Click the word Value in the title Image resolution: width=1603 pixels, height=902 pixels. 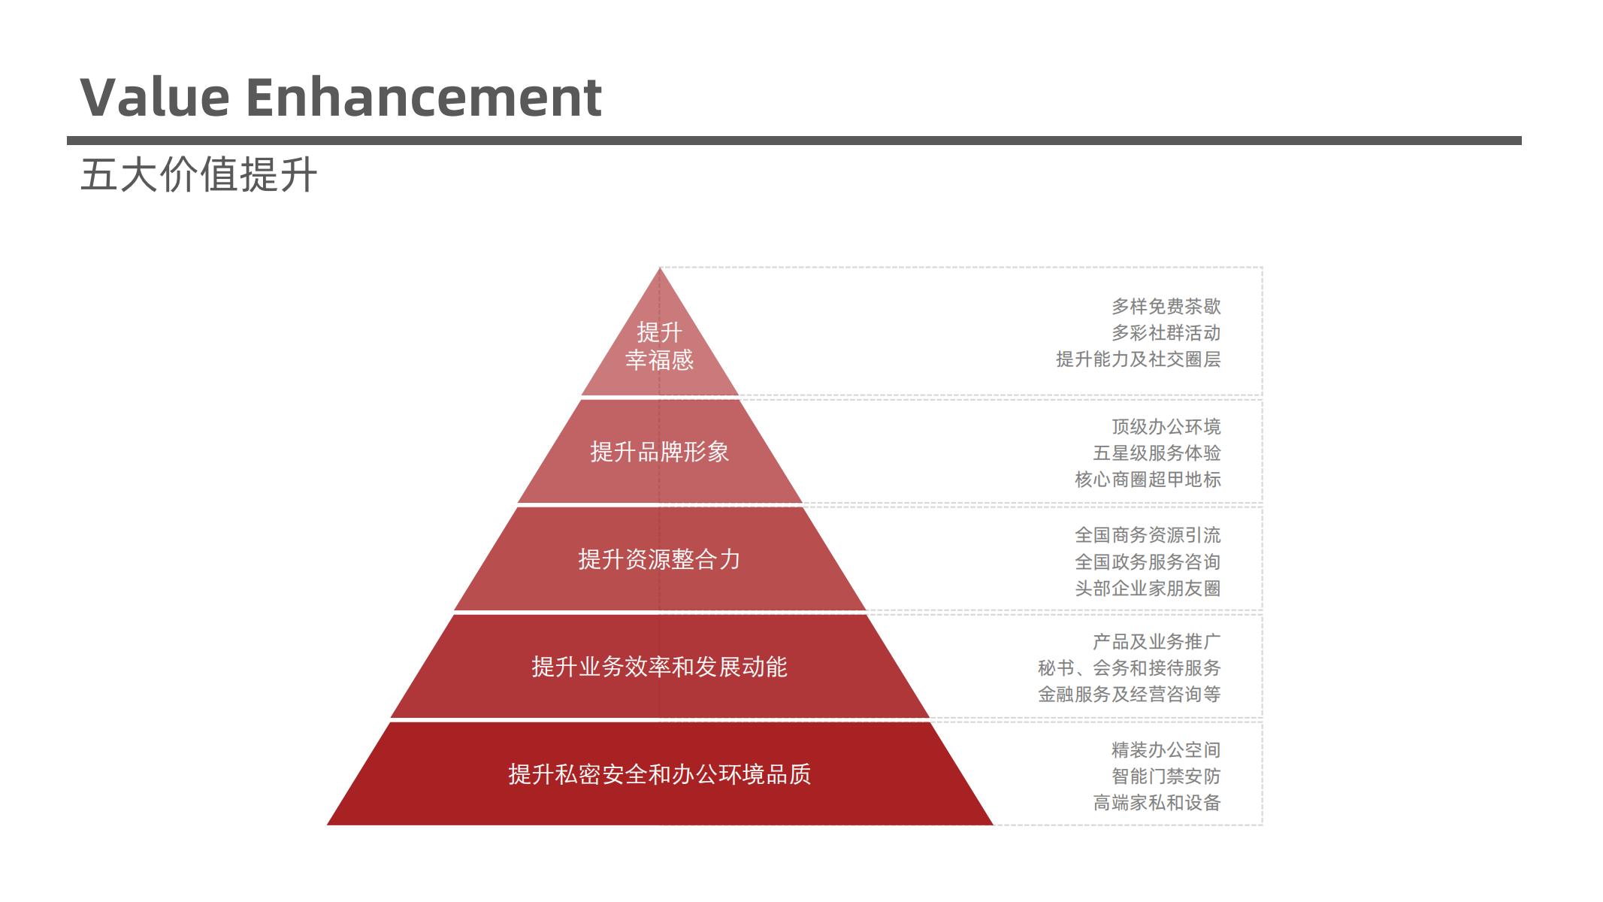[x=155, y=97]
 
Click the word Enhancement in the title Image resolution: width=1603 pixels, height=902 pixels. [x=424, y=97]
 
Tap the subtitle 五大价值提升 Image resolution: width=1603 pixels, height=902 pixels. [x=198, y=175]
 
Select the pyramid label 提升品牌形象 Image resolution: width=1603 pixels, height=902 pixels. [x=659, y=452]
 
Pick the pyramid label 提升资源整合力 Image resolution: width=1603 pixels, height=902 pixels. [x=659, y=559]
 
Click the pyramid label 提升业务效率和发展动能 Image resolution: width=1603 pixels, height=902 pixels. [x=659, y=667]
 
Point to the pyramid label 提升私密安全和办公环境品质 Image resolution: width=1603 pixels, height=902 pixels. [x=659, y=774]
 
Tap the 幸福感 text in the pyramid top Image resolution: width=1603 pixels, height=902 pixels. [x=659, y=360]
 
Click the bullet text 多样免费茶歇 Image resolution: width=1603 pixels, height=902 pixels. [x=1166, y=307]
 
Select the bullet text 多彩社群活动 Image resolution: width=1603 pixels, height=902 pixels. [x=1166, y=333]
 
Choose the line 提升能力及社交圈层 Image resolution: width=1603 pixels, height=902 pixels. [x=1139, y=359]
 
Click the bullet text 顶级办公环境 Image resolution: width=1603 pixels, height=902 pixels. [x=1166, y=427]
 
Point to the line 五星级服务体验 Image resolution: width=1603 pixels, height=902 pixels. [x=1157, y=453]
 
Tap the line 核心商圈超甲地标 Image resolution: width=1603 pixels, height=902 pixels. [x=1148, y=480]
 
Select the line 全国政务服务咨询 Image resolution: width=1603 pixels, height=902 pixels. [x=1148, y=562]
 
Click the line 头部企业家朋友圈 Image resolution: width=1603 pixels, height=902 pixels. [x=1148, y=589]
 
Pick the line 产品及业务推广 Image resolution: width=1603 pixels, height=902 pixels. [x=1157, y=642]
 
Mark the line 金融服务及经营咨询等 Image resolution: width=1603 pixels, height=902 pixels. [x=1130, y=695]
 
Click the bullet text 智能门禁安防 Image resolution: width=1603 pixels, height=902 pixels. [x=1166, y=776]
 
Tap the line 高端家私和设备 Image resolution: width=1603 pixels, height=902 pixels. [x=1157, y=803]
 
